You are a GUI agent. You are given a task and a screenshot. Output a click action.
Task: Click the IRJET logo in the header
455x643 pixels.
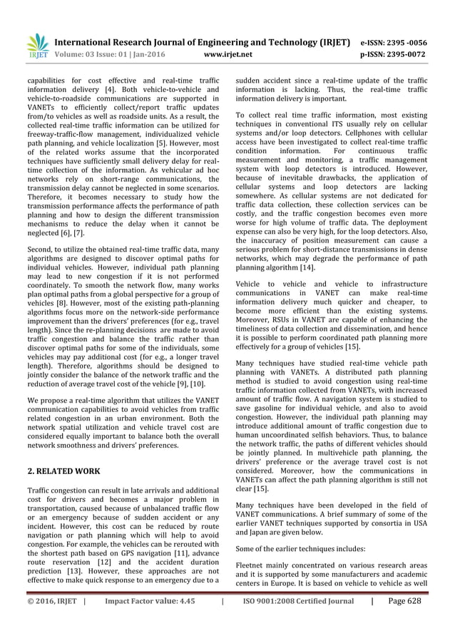coord(35,47)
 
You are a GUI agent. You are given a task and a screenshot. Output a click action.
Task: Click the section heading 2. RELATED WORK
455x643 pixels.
coord(63,471)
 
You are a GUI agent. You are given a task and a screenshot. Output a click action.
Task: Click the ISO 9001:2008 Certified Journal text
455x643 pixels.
coord(298,601)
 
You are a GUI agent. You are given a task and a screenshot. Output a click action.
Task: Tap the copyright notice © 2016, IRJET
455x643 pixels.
coord(51,601)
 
